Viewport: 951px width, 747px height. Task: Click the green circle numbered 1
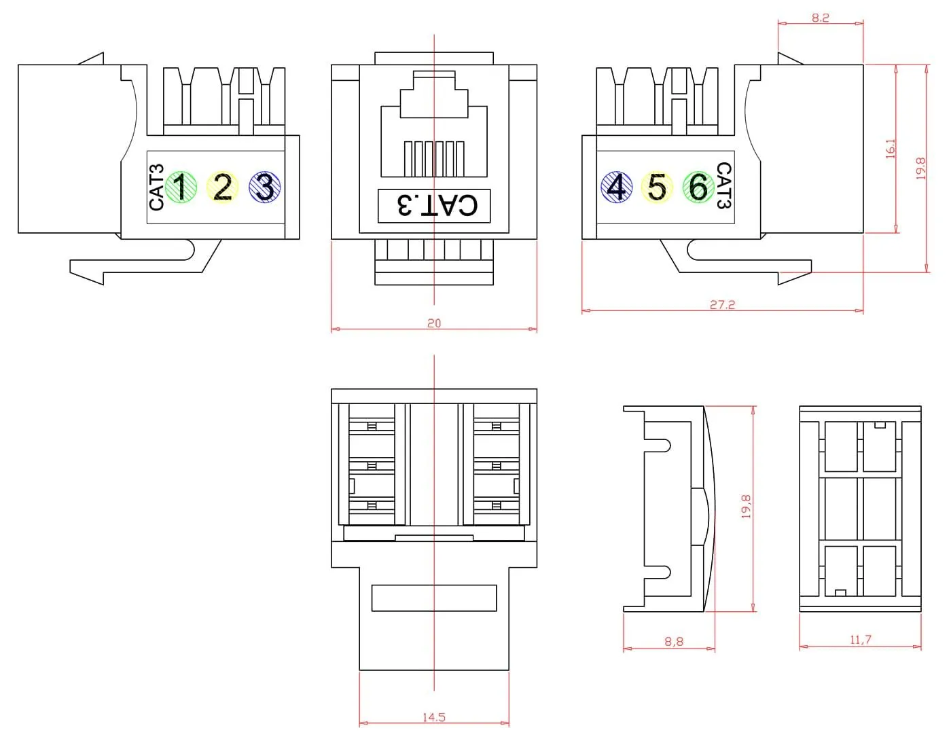tap(181, 187)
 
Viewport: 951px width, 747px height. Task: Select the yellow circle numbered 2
tap(222, 187)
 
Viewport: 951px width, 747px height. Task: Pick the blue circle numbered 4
tap(616, 187)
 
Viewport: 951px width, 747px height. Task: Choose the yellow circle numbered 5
tap(657, 187)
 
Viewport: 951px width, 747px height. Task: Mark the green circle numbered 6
tap(698, 187)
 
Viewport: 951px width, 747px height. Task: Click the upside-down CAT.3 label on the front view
tap(434, 205)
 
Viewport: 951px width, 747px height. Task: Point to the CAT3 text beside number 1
tap(156, 187)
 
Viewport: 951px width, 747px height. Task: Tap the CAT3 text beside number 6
tap(724, 185)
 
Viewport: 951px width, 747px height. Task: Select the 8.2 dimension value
tap(821, 18)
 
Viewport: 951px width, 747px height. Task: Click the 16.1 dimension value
tap(891, 149)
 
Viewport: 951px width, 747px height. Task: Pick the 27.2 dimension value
tap(722, 305)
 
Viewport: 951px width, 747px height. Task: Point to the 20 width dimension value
tap(434, 323)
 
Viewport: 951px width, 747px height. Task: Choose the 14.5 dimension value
tap(434, 717)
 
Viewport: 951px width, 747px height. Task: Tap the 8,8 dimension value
tap(674, 641)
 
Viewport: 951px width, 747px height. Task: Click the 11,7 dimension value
tap(860, 640)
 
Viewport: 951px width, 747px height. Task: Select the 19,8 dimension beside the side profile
tap(746, 507)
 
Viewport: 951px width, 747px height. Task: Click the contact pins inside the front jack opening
tap(434, 158)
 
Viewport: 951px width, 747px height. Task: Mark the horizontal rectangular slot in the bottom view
tap(434, 598)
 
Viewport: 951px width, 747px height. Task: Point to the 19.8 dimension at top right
tap(920, 168)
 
